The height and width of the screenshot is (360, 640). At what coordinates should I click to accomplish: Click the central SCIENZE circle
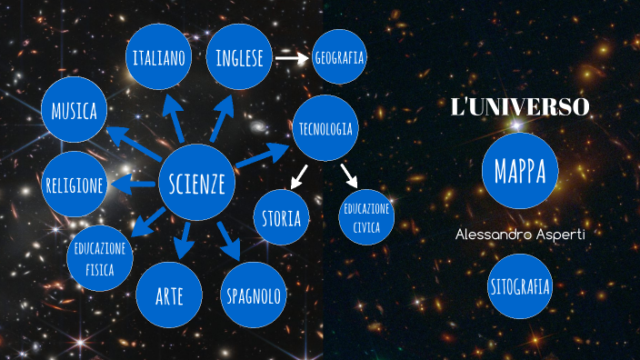pos(196,185)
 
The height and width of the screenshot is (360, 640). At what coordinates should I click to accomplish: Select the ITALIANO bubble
pos(159,59)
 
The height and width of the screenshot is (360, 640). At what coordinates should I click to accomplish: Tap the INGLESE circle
pos(239,58)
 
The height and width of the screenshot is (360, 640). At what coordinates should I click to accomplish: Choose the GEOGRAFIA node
pos(339,58)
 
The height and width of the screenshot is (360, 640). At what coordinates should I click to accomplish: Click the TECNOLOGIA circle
pos(325,128)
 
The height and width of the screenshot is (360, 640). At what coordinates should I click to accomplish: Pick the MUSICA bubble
pos(75,111)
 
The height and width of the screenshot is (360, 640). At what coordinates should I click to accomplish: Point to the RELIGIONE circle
pos(75,185)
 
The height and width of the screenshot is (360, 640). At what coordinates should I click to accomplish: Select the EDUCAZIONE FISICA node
pos(100,255)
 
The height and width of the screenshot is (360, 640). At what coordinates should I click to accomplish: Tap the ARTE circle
pos(168,295)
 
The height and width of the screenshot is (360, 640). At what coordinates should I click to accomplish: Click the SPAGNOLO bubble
pos(253,295)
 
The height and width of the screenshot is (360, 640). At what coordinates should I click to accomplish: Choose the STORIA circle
pos(282,218)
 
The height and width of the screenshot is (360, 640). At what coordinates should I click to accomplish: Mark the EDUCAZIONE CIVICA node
pos(366,217)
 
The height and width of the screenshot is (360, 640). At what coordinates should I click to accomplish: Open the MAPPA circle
pos(519,170)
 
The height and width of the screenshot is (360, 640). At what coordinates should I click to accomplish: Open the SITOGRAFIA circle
pos(519,287)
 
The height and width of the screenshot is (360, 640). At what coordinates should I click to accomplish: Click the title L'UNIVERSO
pos(520,107)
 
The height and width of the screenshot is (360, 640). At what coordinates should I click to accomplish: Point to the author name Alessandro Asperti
pos(520,235)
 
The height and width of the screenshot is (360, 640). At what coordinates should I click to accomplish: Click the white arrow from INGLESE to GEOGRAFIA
pos(292,58)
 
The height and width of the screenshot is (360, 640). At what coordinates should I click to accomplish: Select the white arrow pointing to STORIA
pos(298,175)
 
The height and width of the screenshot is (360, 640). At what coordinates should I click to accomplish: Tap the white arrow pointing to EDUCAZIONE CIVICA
pos(348,174)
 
